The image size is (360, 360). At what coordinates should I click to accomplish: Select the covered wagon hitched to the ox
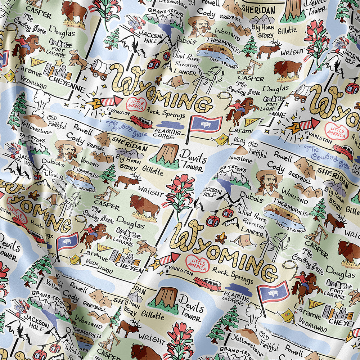100,68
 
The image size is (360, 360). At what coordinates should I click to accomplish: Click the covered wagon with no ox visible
301,93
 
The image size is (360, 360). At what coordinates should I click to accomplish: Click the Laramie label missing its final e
239,130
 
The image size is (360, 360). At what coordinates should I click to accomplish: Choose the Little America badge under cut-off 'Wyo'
337,131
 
